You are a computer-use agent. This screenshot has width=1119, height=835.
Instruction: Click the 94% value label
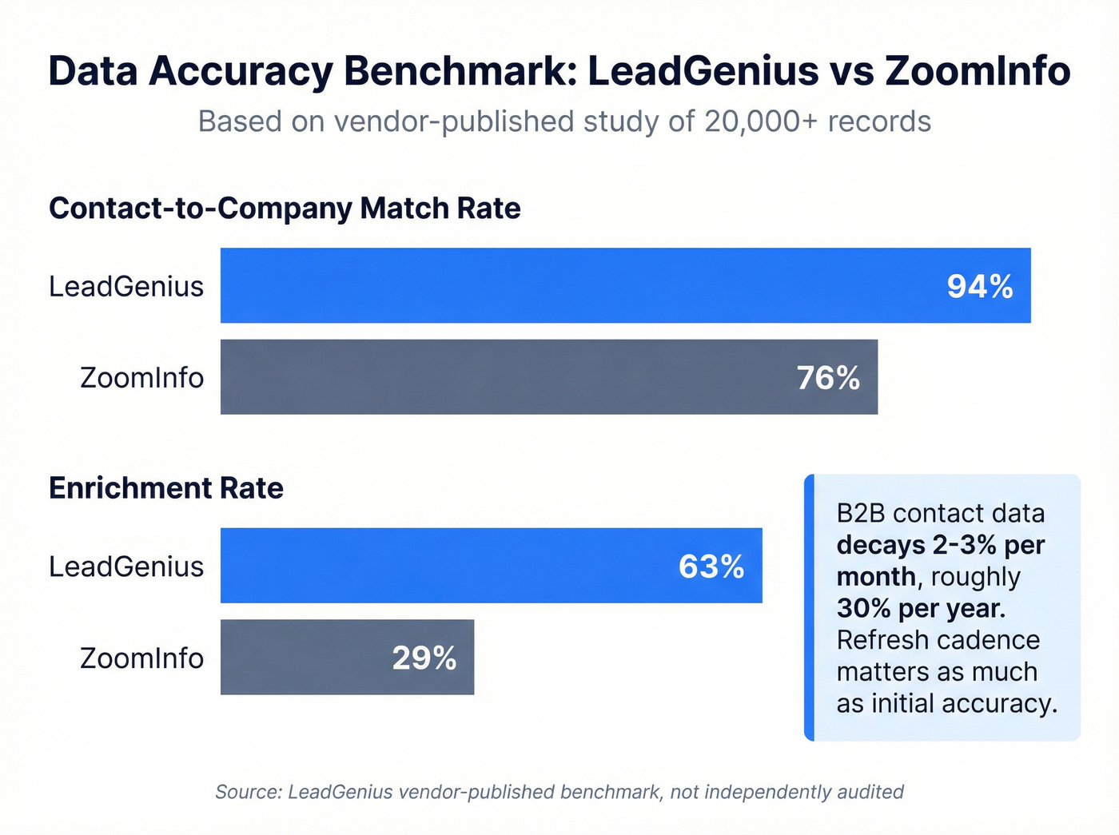point(980,286)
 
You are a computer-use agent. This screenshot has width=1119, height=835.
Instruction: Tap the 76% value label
point(828,378)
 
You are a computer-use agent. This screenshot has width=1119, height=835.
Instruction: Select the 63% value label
point(711,567)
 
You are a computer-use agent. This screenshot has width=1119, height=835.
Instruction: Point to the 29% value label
point(424,658)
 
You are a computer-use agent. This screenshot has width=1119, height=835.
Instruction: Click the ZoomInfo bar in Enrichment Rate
point(304,658)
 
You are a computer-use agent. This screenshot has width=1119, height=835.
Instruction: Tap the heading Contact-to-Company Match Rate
point(285,209)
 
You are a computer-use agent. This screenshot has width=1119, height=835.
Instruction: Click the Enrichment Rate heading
point(166,488)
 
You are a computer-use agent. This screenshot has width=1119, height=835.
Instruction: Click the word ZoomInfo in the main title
point(977,71)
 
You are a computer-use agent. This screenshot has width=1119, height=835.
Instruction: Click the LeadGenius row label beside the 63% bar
point(126,567)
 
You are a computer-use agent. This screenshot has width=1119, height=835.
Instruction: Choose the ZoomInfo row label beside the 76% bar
point(141,378)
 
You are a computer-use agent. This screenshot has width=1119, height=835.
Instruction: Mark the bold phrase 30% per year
point(921,609)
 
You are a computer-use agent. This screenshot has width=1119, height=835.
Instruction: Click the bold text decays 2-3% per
point(941,545)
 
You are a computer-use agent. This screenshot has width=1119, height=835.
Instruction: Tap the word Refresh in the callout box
point(882,640)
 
